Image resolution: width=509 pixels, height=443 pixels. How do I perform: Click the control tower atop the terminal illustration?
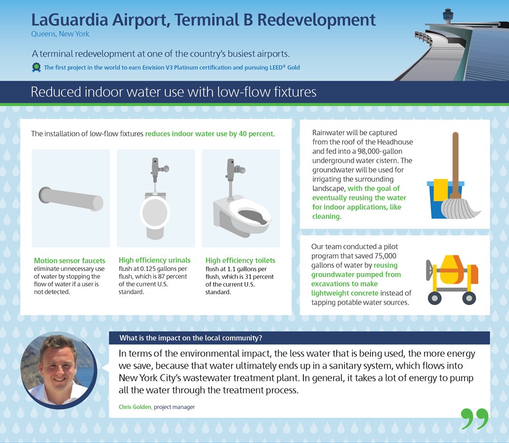click(447, 16)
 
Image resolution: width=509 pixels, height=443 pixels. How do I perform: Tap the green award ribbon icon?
click(36, 67)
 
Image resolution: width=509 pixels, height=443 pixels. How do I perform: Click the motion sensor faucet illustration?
click(71, 199)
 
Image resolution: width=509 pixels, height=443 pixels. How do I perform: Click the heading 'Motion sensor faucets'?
click(69, 260)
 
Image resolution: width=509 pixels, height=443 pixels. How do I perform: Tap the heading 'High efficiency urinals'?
click(154, 260)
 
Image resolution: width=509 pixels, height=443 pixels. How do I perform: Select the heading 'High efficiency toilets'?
click(240, 260)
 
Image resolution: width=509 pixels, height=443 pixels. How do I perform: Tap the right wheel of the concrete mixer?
click(469, 298)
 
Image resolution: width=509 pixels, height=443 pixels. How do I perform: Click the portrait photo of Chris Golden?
click(59, 370)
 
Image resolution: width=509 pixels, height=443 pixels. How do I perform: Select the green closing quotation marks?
click(475, 419)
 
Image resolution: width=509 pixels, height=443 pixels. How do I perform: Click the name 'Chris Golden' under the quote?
click(135, 407)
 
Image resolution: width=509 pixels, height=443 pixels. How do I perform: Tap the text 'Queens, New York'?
click(60, 34)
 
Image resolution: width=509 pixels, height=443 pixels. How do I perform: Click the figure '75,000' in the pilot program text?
click(385, 255)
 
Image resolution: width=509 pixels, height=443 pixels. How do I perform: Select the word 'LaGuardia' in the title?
click(69, 20)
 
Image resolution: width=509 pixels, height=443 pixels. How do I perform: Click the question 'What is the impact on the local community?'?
click(190, 338)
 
